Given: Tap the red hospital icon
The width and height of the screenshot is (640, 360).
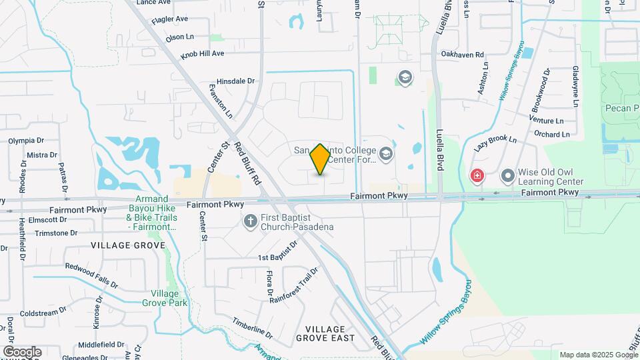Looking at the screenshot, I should click(x=477, y=176).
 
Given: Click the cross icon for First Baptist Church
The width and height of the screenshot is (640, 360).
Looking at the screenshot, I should click(x=250, y=221).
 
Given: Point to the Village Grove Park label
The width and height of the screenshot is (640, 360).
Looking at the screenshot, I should click(x=165, y=297).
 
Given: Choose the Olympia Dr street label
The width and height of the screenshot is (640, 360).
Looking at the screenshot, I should click(x=26, y=141).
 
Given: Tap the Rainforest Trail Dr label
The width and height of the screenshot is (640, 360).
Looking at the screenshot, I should click(x=294, y=285).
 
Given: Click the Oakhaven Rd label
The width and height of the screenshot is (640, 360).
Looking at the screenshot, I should click(x=461, y=54).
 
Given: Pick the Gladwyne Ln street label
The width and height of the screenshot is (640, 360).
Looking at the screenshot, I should click(x=575, y=87).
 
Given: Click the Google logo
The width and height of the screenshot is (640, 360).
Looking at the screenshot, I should click(x=21, y=351).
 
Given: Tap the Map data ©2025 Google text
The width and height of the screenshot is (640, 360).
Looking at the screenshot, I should click(x=597, y=355).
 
